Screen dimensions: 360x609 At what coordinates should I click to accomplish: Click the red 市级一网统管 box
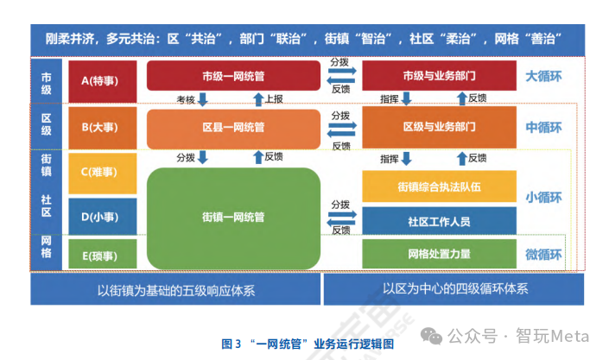point(232,76)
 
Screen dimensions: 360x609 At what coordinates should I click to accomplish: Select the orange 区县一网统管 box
point(232,128)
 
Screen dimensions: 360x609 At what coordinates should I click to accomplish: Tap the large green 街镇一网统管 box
point(232,217)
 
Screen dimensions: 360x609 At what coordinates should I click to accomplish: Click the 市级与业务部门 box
point(438,76)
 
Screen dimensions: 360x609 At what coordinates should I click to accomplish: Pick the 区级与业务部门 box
point(438,127)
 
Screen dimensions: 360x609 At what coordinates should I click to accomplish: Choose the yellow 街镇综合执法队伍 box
point(438,186)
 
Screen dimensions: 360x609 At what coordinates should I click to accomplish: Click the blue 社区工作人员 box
point(438,221)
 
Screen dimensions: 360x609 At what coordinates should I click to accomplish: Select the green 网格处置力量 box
point(438,255)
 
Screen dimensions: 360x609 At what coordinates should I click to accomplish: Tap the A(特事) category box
point(103,79)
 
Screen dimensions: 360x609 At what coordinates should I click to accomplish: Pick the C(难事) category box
point(103,171)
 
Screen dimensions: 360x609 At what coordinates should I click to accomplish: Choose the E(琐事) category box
point(103,255)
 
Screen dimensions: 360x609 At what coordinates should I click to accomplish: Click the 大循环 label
point(543,76)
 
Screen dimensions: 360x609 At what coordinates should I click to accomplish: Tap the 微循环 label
point(543,255)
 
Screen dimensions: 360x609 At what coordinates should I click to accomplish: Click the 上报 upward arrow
point(257,98)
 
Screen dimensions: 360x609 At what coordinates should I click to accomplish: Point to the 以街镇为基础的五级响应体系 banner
point(175,290)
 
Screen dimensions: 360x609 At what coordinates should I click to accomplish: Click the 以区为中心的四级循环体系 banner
point(455,290)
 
